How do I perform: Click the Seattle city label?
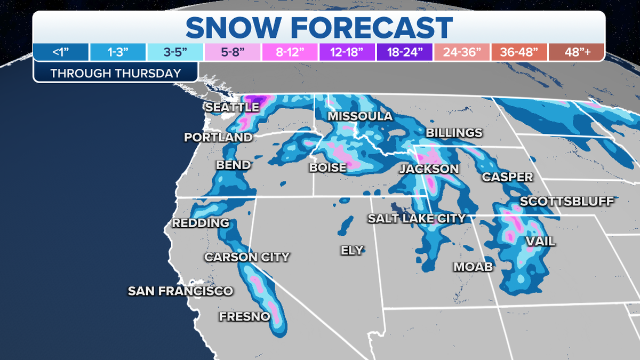232,107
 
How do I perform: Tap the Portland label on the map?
218,138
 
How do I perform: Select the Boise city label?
327,168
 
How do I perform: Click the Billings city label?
454,133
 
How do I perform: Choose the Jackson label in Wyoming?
429,169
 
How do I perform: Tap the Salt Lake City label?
417,218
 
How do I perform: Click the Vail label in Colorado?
540,242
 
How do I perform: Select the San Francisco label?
180,291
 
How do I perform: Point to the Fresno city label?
244,317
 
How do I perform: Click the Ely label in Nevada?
352,250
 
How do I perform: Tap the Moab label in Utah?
473,267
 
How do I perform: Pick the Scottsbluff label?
567,201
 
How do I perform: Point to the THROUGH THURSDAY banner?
115,73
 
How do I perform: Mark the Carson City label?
247,257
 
